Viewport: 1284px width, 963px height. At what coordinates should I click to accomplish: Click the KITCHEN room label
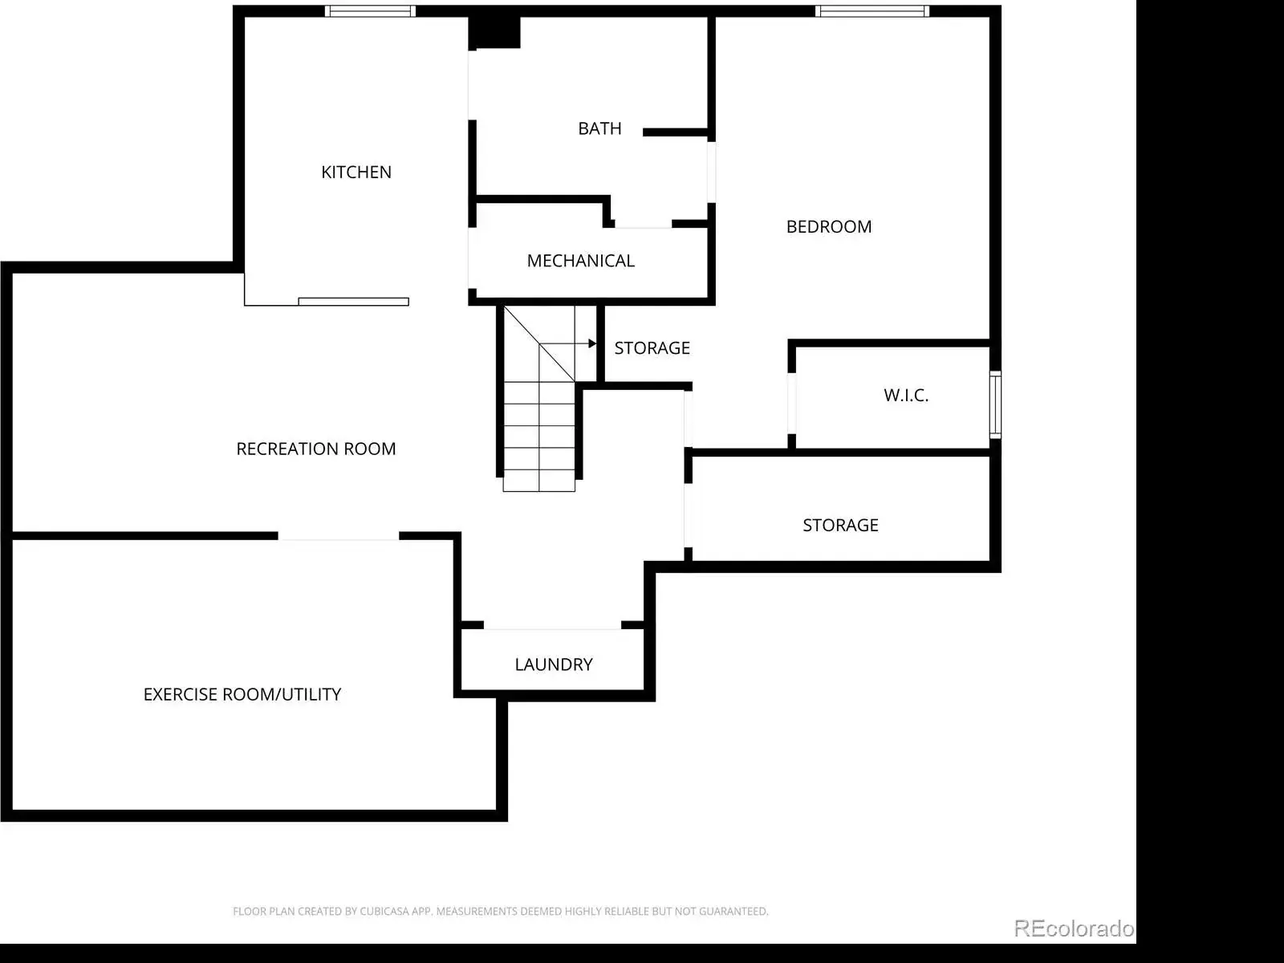click(356, 172)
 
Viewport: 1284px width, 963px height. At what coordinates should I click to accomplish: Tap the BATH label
click(599, 128)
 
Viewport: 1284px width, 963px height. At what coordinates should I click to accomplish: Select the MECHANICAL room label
click(580, 261)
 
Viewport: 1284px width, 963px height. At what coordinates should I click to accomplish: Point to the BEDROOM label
click(829, 227)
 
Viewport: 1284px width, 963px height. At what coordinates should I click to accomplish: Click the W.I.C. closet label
click(906, 396)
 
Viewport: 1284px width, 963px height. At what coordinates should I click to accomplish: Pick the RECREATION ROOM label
click(316, 449)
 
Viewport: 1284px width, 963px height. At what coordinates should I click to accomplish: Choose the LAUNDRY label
click(554, 664)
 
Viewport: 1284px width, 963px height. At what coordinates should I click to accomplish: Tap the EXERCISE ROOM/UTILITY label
click(242, 695)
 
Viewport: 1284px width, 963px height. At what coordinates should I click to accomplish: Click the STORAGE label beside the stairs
click(652, 348)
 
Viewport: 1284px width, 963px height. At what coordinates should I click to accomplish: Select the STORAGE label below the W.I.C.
click(840, 526)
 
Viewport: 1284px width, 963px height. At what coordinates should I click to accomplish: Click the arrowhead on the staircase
click(592, 343)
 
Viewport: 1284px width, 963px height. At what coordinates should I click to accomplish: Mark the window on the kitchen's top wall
click(370, 11)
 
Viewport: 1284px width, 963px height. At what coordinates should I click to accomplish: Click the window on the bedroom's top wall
click(872, 11)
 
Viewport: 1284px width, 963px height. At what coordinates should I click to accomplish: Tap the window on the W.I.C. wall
click(995, 404)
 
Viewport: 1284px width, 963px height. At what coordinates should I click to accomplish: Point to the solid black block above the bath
click(494, 33)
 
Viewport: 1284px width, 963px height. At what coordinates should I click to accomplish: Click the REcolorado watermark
click(1074, 928)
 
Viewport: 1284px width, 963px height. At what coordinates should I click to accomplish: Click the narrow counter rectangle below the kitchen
click(353, 302)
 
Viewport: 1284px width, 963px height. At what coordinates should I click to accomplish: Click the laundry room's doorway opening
click(552, 626)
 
